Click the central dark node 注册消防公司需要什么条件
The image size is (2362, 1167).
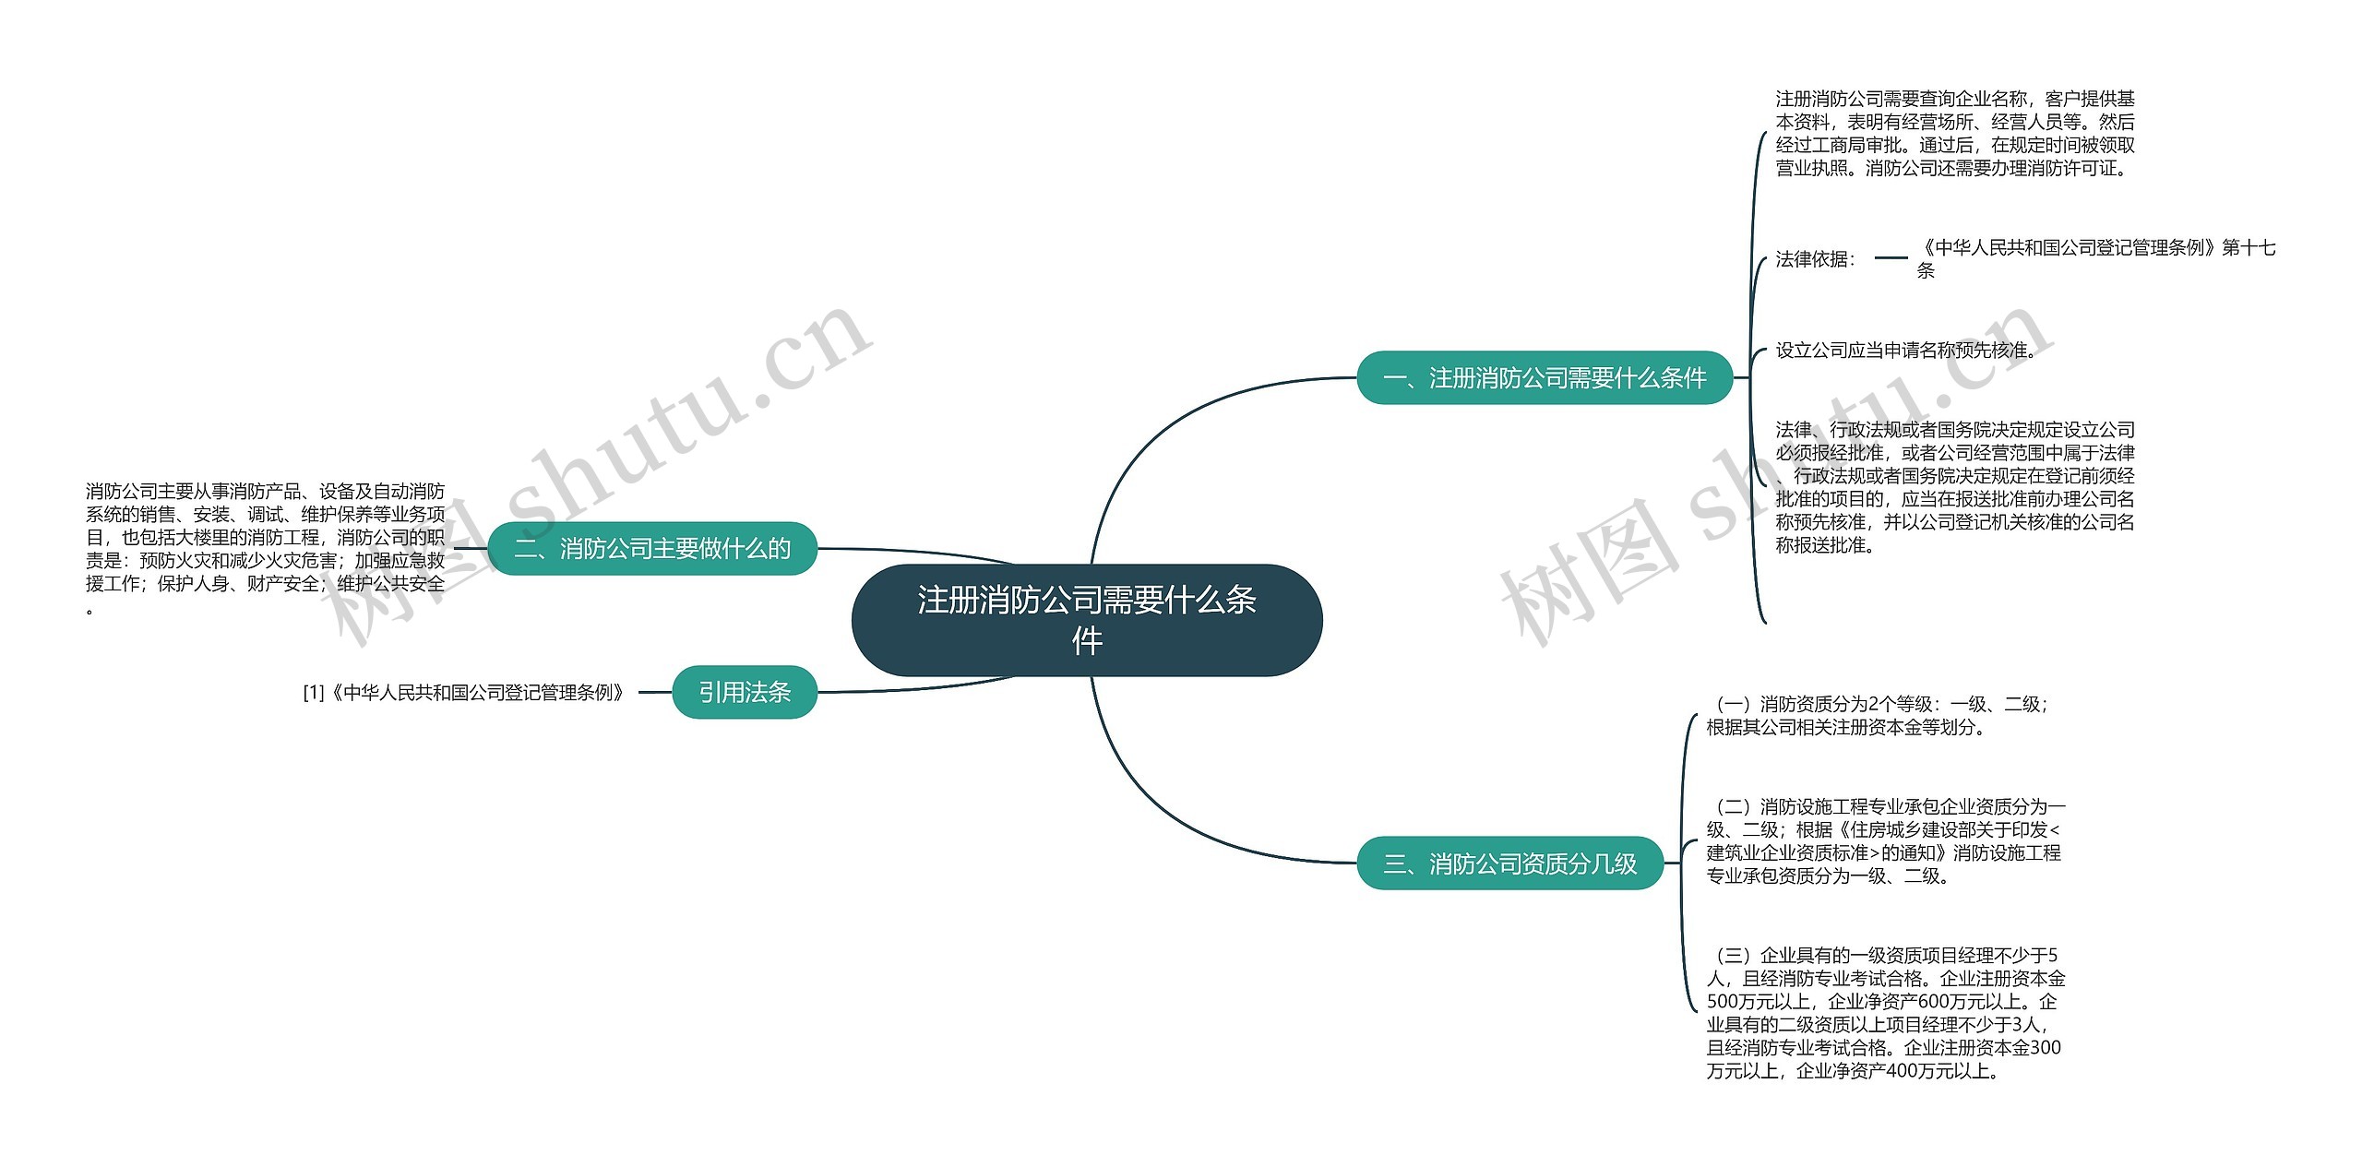(1086, 620)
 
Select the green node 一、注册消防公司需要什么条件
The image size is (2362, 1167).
(1544, 377)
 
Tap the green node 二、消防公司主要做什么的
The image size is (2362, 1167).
(652, 549)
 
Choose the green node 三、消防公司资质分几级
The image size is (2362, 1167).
(1509, 863)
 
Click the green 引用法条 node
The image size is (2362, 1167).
(745, 692)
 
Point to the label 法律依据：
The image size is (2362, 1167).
(1816, 259)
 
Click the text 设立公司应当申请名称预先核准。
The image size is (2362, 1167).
(1905, 351)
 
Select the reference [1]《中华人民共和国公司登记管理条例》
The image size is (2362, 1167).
(465, 692)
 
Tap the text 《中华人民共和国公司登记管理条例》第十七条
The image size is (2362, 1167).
(2095, 258)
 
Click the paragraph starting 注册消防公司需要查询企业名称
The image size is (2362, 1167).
(1954, 134)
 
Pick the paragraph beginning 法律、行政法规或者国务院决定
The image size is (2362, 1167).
(1954, 487)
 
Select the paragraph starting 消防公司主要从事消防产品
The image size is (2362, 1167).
(266, 548)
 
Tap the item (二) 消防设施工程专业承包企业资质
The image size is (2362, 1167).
(1885, 841)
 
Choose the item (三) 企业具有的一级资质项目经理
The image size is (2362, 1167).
(1885, 1013)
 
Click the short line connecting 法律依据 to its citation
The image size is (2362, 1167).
(1891, 258)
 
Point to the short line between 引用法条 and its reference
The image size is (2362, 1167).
(655, 692)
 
